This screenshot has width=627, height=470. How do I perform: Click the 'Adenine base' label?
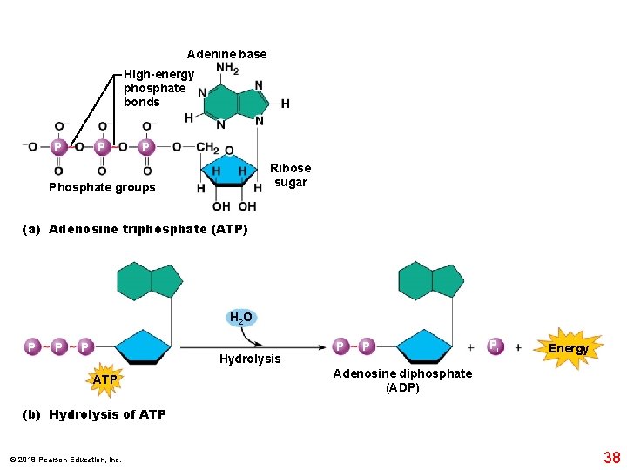click(226, 54)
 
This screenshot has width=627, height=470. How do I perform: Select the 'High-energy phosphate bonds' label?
click(158, 88)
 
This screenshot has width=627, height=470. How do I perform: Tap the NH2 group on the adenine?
click(227, 69)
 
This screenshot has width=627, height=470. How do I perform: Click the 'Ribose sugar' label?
click(290, 175)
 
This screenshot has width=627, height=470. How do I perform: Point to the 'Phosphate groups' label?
click(102, 187)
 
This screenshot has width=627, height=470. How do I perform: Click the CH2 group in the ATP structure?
click(207, 147)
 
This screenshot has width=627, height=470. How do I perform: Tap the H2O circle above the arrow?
click(240, 318)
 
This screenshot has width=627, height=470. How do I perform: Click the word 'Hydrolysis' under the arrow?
click(250, 359)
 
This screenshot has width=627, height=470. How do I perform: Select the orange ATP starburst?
click(104, 379)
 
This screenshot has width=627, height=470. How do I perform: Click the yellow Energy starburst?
click(568, 348)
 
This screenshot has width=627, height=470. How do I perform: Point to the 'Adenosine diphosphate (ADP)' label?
click(402, 380)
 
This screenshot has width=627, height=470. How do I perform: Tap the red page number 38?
click(611, 457)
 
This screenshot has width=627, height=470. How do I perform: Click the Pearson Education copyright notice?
click(65, 460)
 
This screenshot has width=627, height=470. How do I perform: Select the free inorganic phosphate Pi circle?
click(494, 346)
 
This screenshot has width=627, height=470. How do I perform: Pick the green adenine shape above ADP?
click(432, 280)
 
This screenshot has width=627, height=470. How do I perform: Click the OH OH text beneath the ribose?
click(234, 206)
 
